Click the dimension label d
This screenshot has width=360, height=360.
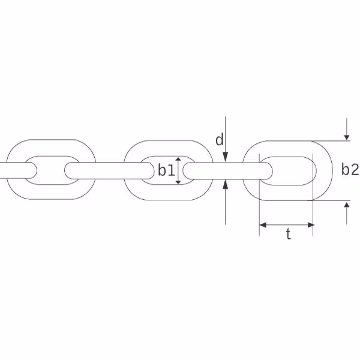[x=220, y=140]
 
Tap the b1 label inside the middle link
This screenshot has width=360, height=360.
[x=166, y=170]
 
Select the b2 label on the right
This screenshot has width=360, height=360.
[x=350, y=170]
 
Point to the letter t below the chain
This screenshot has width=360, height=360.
[x=289, y=235]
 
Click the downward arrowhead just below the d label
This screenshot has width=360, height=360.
[x=226, y=157]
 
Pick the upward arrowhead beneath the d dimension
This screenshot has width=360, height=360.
[x=226, y=184]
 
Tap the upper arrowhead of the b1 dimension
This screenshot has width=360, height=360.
[x=178, y=160]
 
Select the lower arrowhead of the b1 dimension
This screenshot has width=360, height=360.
[x=178, y=182]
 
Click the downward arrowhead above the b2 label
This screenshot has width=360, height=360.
[x=347, y=137]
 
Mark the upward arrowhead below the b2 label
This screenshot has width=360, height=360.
[x=347, y=204]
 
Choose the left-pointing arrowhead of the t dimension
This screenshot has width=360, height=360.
[x=263, y=225]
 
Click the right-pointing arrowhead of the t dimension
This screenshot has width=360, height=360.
[x=311, y=225]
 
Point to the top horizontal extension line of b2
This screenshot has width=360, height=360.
[x=331, y=141]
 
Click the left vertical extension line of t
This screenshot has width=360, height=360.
[x=259, y=194]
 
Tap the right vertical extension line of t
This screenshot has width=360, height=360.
[x=313, y=194]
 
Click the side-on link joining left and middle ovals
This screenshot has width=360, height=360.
[x=109, y=170]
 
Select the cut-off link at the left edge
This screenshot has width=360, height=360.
[x=19, y=170]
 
